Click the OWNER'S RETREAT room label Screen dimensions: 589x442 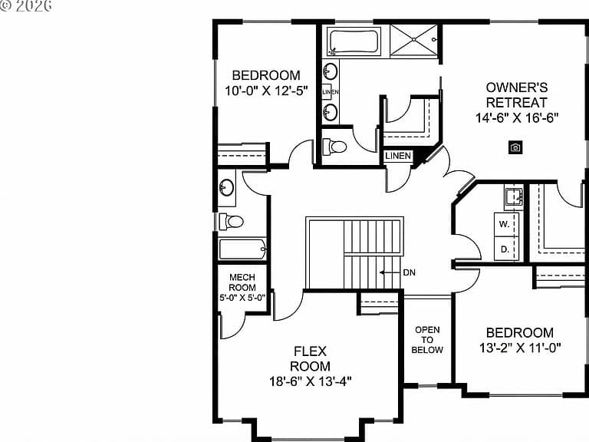[517, 94]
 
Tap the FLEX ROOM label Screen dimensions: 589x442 [311, 358]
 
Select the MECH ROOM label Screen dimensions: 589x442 [242, 282]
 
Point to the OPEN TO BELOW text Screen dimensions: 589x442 [427, 340]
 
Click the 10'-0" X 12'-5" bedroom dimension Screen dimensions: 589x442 [266, 91]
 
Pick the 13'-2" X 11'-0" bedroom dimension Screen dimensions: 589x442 [520, 348]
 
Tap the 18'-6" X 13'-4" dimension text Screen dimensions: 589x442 [311, 381]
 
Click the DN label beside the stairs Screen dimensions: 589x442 [410, 272]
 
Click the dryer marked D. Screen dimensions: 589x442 [506, 249]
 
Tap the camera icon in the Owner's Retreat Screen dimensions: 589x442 [515, 147]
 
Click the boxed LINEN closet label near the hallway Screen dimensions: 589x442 [398, 156]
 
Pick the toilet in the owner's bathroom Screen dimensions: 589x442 [334, 147]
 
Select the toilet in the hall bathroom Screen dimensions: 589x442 [231, 222]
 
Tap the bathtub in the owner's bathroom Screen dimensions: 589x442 [354, 41]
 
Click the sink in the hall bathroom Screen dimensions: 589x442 [226, 187]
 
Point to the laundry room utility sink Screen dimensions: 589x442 [514, 196]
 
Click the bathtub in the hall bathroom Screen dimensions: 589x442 [242, 249]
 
